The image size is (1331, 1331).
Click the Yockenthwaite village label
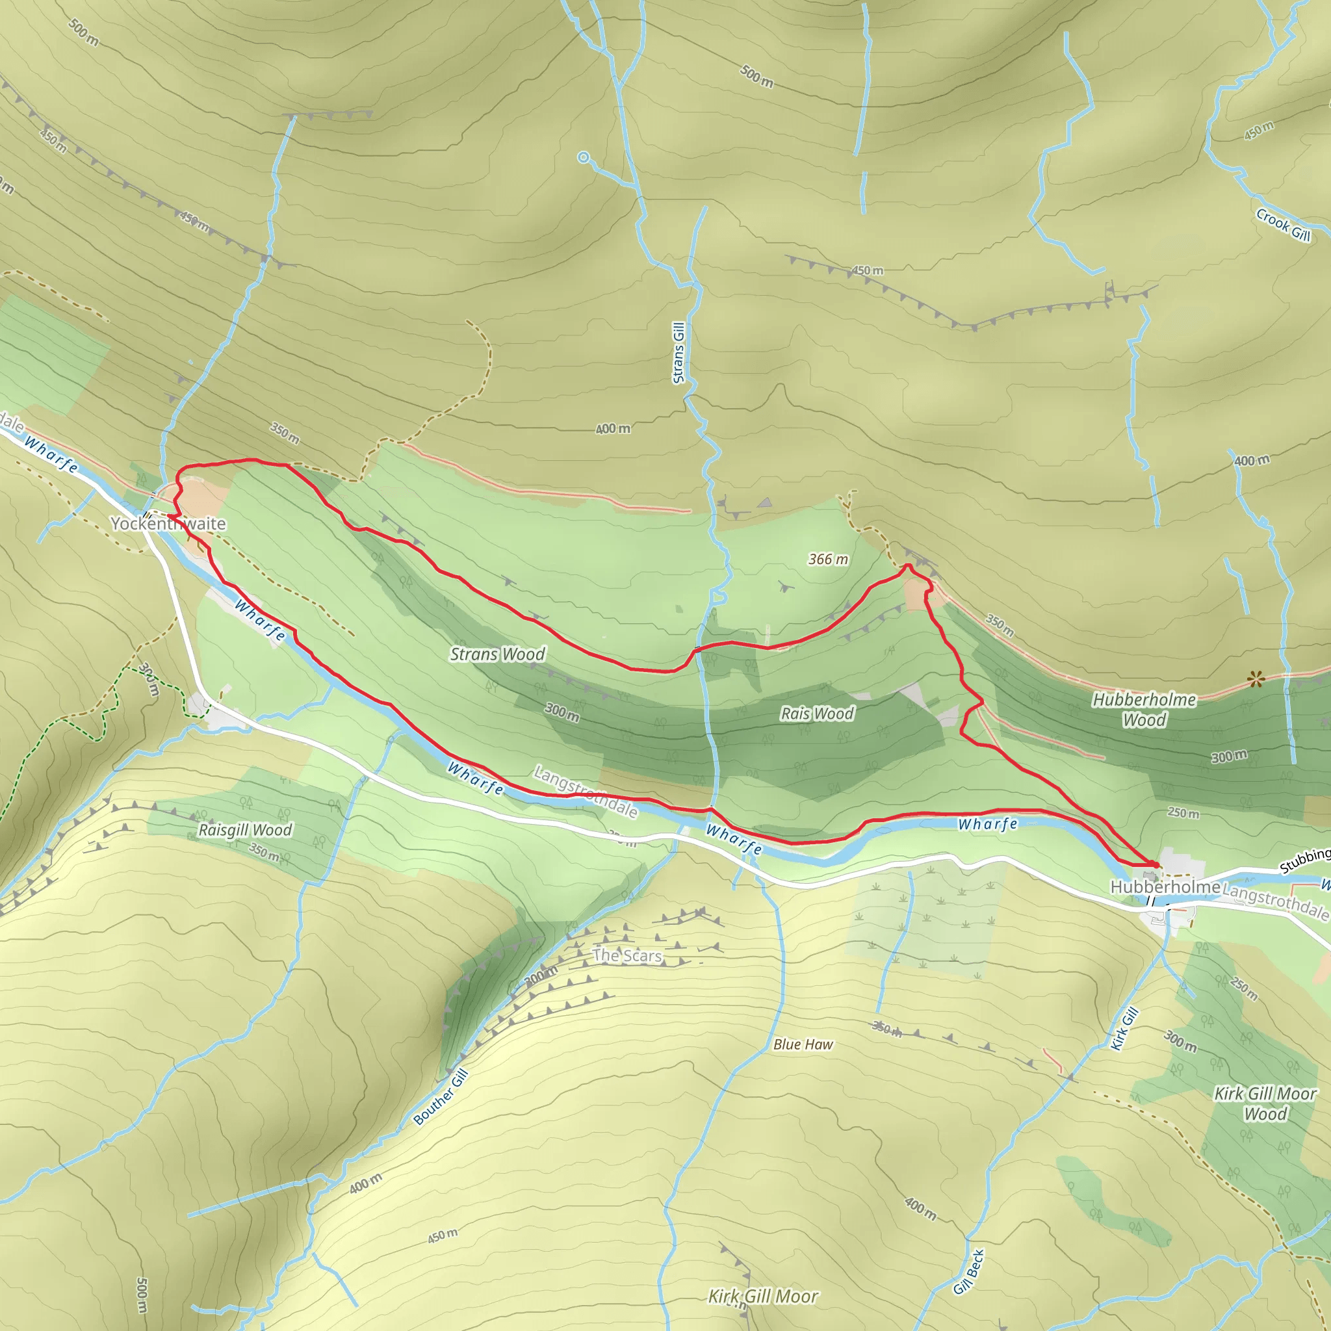point(168,524)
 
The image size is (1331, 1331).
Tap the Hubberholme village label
point(1165,886)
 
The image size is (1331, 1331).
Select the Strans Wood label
point(497,654)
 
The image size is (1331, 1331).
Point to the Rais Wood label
point(817,713)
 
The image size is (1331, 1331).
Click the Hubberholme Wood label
point(1144,710)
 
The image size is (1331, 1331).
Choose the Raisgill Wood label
point(245,829)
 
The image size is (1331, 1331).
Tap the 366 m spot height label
point(828,559)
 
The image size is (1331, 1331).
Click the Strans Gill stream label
point(678,353)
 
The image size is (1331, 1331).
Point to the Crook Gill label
point(1283,225)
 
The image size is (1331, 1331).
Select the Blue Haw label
point(803,1044)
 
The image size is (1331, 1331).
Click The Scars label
point(627,955)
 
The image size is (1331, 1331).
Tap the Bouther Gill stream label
point(441,1097)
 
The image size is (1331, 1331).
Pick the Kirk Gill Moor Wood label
point(1265,1104)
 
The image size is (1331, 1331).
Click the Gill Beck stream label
point(968,1272)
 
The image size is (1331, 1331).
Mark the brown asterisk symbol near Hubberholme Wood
point(1256,680)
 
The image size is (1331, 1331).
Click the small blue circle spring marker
point(584,158)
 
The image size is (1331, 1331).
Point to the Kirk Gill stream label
point(1124,1029)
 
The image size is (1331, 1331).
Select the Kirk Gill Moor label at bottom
point(764,1297)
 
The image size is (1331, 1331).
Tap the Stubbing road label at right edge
point(1305,860)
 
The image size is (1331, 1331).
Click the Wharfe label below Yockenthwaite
point(260,619)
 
